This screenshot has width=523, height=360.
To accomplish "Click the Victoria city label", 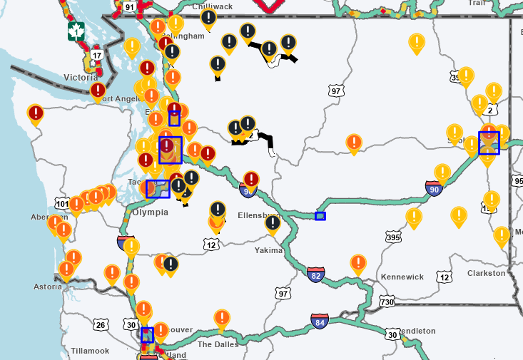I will [x=81, y=77].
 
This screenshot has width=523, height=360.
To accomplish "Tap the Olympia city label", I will [x=150, y=212].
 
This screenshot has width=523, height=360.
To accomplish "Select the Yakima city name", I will [x=269, y=250].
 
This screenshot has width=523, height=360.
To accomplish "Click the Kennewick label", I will [x=402, y=277].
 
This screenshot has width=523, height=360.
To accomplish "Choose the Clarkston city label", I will [x=486, y=273].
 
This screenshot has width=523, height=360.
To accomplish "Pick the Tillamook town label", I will [x=90, y=351].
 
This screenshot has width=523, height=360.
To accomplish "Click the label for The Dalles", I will [x=214, y=344].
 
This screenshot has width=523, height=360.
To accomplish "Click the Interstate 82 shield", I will [x=316, y=274].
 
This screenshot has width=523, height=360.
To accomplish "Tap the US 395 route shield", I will [x=392, y=236].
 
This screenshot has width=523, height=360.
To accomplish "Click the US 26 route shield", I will [x=101, y=325].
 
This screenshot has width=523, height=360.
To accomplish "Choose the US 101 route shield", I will [x=63, y=205].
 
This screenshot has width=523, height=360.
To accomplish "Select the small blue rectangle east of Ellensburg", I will [x=320, y=216].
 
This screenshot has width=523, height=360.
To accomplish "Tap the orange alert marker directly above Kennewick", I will [x=358, y=264].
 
